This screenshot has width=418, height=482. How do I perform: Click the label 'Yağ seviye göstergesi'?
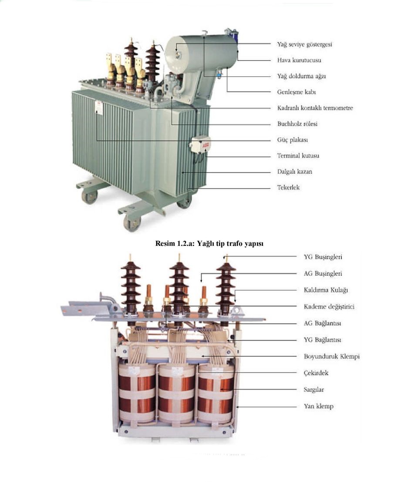pos(304,44)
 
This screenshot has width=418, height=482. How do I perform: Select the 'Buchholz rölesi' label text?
pos(297,124)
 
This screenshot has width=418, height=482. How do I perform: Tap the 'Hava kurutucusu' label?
pos(299,60)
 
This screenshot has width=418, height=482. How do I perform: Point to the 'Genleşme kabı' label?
pos(297,92)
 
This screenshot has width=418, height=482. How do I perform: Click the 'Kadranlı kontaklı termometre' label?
pos(315,108)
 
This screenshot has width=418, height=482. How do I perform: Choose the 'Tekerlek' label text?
pos(288,187)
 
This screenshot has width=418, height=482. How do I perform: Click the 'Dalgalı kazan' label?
pos(294,172)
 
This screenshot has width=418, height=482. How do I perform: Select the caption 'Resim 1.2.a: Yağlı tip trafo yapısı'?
pos(209,244)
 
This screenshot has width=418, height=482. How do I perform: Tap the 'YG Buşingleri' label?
pos(323,257)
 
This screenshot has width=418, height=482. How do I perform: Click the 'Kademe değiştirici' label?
pos(329,307)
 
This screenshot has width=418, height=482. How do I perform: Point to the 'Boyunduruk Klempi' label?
pos(332,356)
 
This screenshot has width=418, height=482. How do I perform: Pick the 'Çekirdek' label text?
pos(316,373)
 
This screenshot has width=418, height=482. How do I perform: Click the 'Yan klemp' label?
pos(318,406)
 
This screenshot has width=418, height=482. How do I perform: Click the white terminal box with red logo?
pos(201,145)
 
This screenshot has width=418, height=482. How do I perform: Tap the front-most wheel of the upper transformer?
pos(132,223)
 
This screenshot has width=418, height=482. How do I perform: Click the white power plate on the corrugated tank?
pos(99,107)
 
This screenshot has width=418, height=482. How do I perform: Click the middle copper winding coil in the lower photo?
pos(176,393)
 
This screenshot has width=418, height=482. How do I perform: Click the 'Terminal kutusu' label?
pos(298,156)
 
